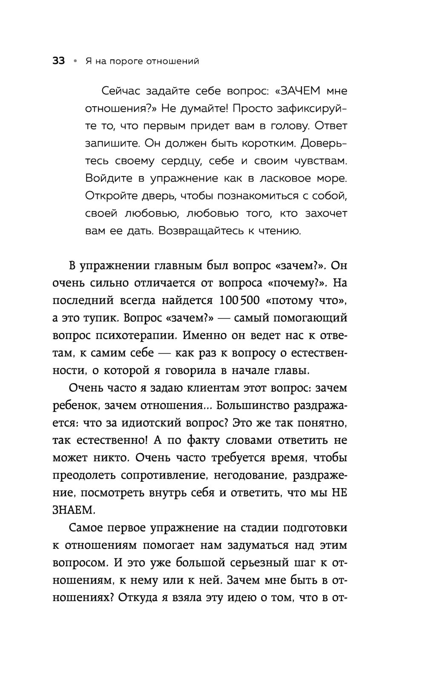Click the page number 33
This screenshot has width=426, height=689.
(x=58, y=61)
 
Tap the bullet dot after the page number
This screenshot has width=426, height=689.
(x=75, y=61)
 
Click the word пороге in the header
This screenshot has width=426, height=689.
(x=127, y=61)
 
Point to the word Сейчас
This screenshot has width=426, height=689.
(x=121, y=91)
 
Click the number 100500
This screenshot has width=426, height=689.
(x=239, y=300)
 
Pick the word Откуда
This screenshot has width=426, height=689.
(x=133, y=597)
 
